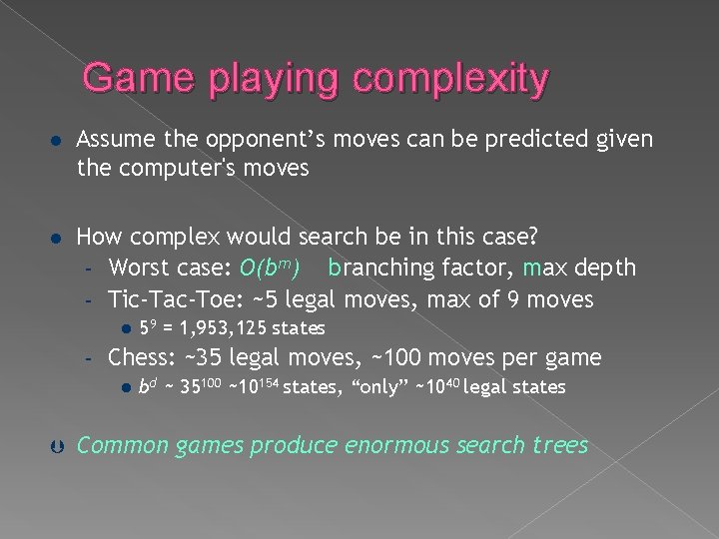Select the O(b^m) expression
point(269,269)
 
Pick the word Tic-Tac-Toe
point(168,298)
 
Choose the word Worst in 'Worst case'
point(139,269)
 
